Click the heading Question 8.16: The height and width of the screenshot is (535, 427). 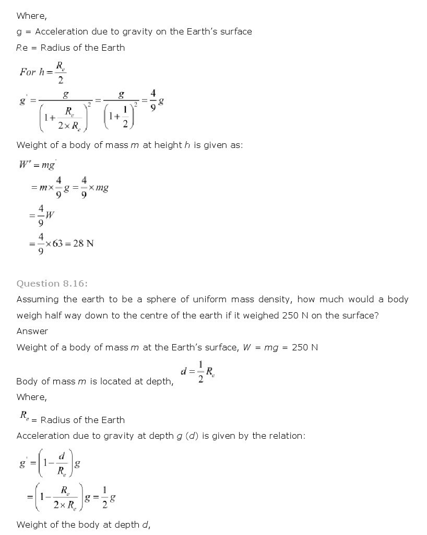[52, 283]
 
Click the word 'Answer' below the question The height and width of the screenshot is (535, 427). [32, 331]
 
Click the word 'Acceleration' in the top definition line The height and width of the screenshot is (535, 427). [61, 31]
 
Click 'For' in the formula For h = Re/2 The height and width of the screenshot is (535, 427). [27, 72]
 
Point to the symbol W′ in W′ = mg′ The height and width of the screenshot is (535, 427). [25, 165]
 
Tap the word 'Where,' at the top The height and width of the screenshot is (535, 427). [31, 16]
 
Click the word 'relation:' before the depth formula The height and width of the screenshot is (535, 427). [279, 436]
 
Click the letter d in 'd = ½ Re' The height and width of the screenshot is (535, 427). [184, 372]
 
